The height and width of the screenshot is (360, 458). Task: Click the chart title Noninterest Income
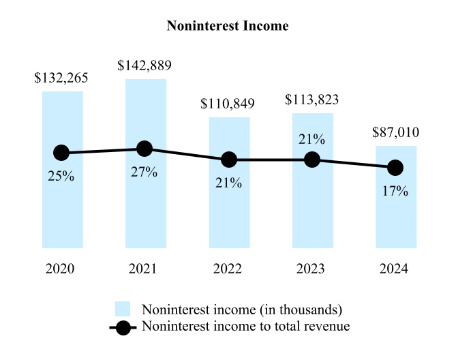point(228,27)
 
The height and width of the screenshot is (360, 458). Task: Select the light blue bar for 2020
point(62,205)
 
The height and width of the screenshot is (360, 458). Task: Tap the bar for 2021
point(145,205)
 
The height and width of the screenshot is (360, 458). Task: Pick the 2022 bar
point(229,211)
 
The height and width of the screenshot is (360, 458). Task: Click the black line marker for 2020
point(62,153)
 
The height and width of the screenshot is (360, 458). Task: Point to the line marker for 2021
point(144,149)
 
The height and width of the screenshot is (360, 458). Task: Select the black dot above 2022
point(229,160)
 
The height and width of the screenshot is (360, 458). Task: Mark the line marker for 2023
point(312,160)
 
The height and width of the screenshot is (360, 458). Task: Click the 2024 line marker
point(395,167)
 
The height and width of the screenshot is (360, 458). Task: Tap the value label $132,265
point(61,78)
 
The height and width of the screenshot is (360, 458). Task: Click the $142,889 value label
point(144,66)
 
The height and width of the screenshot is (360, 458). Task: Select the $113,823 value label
point(311,100)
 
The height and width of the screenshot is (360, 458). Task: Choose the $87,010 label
point(395,133)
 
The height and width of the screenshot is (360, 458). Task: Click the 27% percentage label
point(144,172)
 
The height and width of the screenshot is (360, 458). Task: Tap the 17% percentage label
point(395,191)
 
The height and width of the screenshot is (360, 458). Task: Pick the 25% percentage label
point(61,177)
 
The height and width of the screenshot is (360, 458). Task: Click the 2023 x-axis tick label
point(312,269)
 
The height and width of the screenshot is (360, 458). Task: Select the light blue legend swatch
point(123,309)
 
